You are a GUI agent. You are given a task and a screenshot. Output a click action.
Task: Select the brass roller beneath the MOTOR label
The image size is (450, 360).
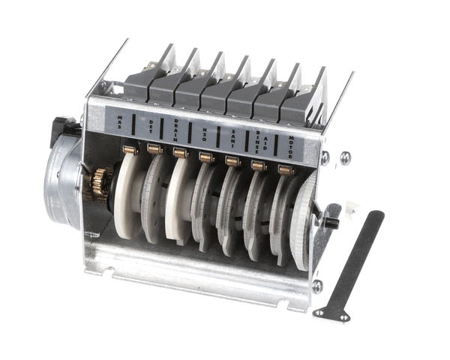285,169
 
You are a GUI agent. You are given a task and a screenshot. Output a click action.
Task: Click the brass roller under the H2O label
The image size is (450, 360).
205,157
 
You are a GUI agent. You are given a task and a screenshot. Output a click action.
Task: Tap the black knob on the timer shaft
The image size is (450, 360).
330,223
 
